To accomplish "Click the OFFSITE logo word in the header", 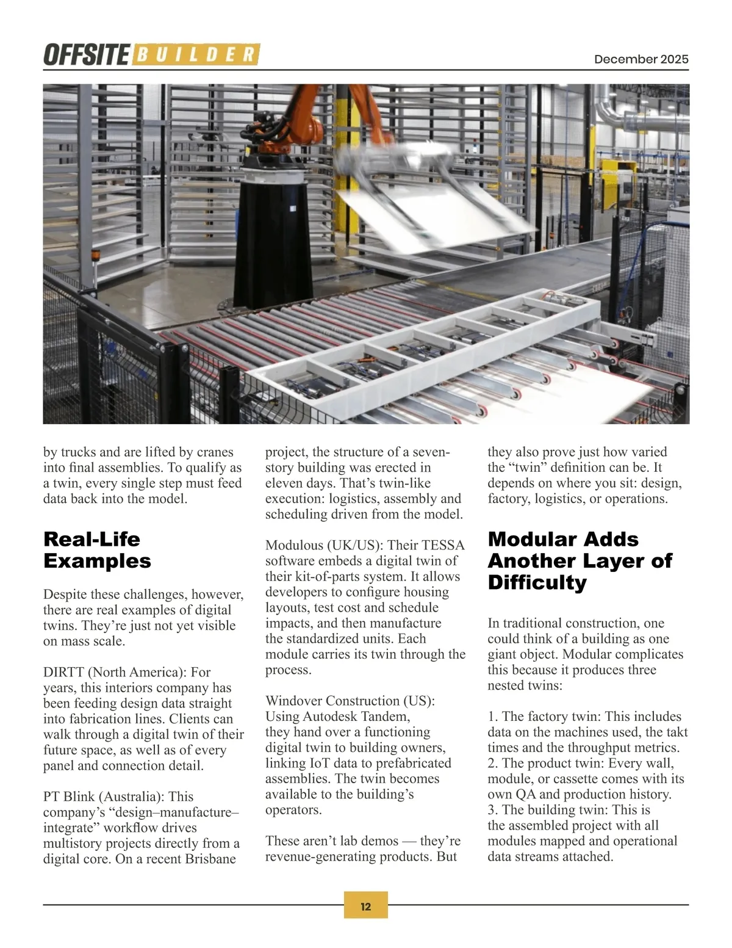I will (x=85, y=55).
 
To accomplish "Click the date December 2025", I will (x=641, y=59).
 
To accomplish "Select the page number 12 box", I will (x=366, y=906).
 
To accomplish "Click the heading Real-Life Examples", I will (x=97, y=550).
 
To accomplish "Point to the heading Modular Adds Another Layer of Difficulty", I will (x=579, y=560).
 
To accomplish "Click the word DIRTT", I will (x=63, y=672).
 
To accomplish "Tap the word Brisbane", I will (x=210, y=859).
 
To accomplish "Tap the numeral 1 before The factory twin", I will (x=491, y=717).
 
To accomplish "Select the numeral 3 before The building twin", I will (x=491, y=810).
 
